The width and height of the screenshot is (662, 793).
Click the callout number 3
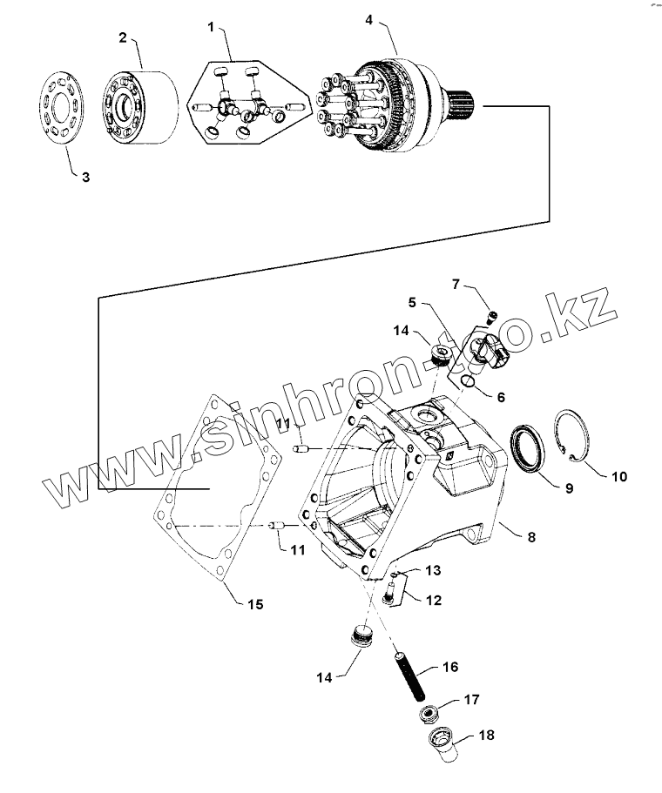85,177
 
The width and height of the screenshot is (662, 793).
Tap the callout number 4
370,19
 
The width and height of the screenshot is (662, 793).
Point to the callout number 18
486,736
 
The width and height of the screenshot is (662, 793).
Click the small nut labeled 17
428,715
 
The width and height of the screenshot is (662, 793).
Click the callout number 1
211,27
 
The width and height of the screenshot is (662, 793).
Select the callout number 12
433,600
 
